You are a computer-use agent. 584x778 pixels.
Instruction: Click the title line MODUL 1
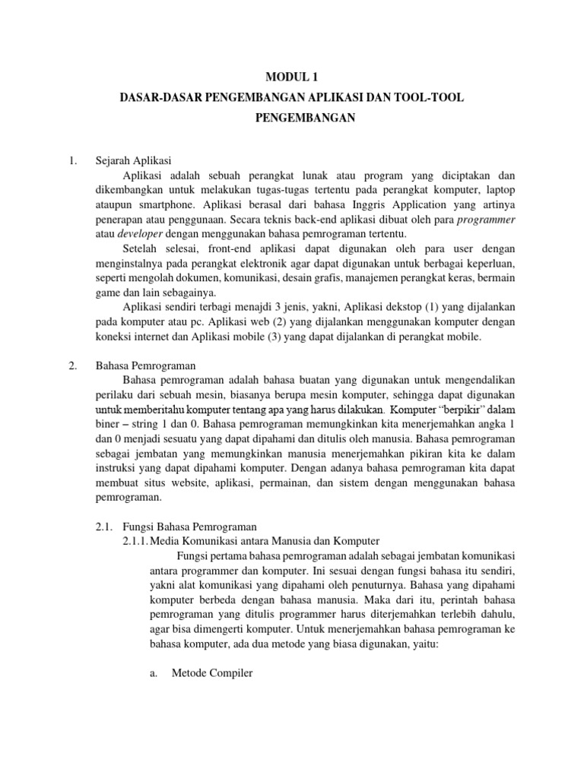(291, 75)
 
